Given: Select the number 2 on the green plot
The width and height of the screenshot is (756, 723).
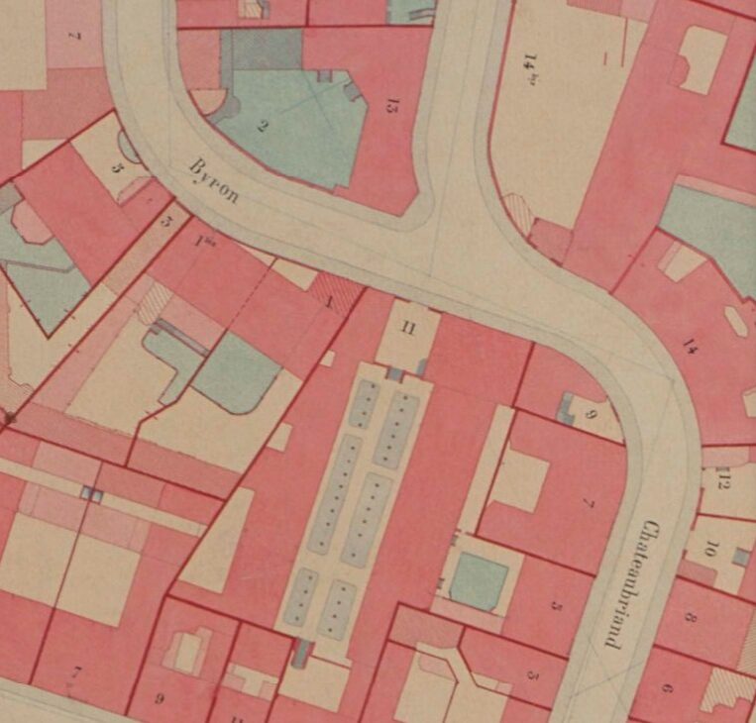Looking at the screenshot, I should (x=263, y=125).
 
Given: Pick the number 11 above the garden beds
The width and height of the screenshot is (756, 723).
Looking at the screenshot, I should (x=407, y=330).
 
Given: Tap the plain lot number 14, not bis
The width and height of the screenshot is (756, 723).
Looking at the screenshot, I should (x=691, y=345).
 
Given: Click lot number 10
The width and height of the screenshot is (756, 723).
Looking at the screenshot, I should (x=710, y=549).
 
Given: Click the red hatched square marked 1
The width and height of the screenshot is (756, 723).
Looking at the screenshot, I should (x=336, y=296).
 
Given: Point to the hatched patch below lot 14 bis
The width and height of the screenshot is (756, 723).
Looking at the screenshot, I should (x=518, y=212).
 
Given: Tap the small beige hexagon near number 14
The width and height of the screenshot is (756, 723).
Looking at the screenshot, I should (x=736, y=323).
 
